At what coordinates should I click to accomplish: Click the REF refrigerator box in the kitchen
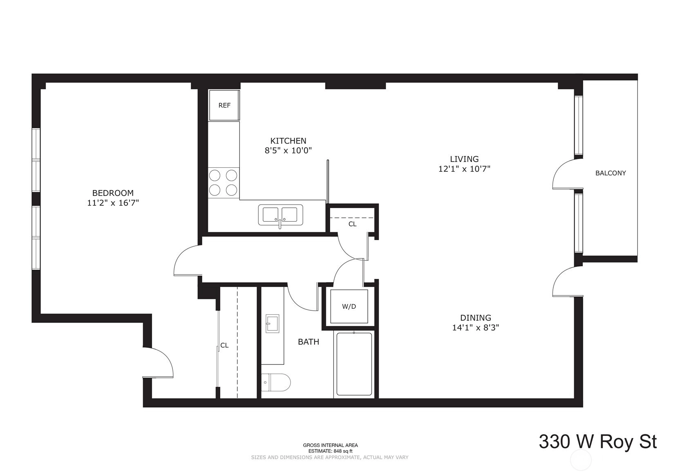click(x=224, y=105)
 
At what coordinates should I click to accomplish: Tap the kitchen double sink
click(x=280, y=215)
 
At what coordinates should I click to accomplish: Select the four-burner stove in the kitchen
click(x=223, y=182)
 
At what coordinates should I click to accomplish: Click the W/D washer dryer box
click(x=349, y=306)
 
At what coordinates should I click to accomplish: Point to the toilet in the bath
click(x=276, y=382)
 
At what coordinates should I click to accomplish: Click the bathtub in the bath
click(x=354, y=364)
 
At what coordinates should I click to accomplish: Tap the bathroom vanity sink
click(x=272, y=323)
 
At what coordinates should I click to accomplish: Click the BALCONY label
click(x=610, y=173)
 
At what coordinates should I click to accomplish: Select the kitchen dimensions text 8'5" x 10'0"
click(x=288, y=150)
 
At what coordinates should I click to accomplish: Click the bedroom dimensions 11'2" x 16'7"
click(x=113, y=203)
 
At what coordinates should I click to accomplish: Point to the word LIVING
click(x=464, y=159)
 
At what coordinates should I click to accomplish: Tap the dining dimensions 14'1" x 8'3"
click(x=476, y=328)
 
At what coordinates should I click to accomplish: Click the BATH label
click(x=308, y=341)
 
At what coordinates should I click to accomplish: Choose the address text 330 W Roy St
click(x=598, y=441)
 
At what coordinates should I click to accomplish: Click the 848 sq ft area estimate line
click(x=330, y=451)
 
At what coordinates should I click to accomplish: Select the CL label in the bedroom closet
click(x=224, y=346)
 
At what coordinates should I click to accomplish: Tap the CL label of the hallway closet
click(x=352, y=224)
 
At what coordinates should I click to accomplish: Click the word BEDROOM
click(x=113, y=193)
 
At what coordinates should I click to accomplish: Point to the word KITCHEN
click(x=288, y=141)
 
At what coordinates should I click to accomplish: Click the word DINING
click(x=476, y=317)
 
